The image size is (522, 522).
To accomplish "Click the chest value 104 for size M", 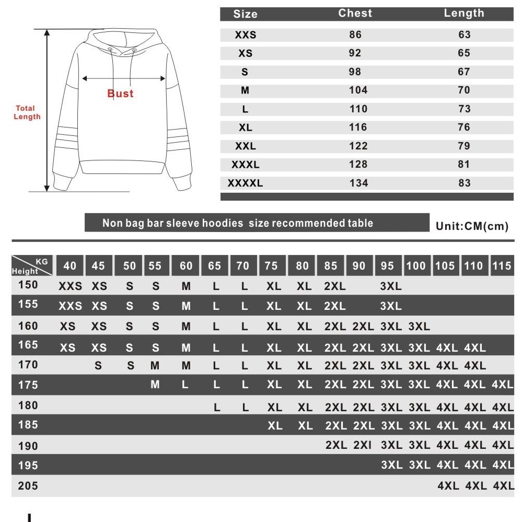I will [x=358, y=90].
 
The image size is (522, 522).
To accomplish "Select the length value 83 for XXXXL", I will [x=464, y=183].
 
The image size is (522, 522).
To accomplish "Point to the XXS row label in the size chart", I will [x=245, y=35].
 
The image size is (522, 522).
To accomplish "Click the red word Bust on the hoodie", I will [x=121, y=94].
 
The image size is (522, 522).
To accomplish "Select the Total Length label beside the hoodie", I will [x=27, y=112].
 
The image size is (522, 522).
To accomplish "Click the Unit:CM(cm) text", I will [x=471, y=226].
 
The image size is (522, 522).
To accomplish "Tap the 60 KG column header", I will [x=186, y=265].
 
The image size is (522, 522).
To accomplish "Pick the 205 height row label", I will [x=28, y=486].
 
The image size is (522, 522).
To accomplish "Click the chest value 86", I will [x=355, y=35].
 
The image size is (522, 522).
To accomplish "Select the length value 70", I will [x=464, y=90].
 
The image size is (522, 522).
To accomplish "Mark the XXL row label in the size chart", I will [x=245, y=146].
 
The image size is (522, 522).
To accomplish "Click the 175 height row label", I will [x=28, y=385].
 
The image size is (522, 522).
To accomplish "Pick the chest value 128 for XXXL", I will [x=358, y=165].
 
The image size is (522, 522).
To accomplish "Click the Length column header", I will [x=464, y=14].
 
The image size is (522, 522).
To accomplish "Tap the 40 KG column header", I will [x=69, y=265].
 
